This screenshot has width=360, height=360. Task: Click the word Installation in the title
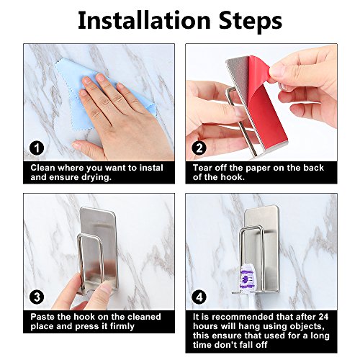(x=144, y=20)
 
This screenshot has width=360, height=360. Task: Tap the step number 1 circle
(x=37, y=148)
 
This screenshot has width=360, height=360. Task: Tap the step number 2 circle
(x=199, y=148)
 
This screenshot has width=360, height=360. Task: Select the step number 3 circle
(x=37, y=297)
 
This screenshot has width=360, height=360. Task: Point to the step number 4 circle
(x=199, y=297)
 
